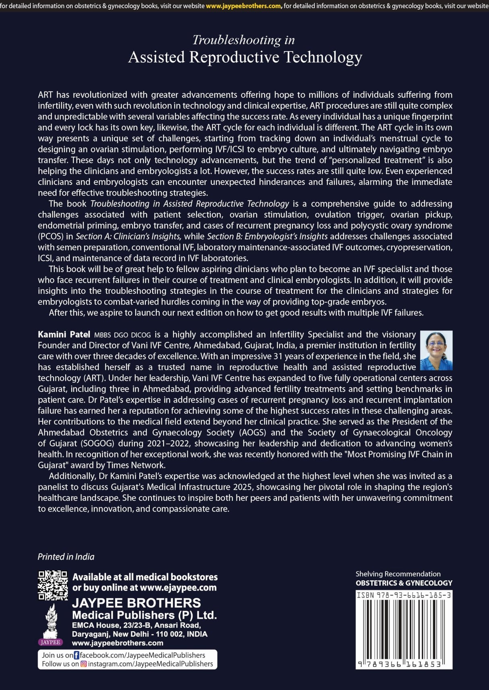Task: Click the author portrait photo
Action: pos(436,350)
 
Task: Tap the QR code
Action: pos(53,585)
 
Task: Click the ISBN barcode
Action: pos(404,630)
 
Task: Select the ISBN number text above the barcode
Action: pos(404,595)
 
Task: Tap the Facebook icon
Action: pos(77,655)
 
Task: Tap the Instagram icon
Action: pos(84,664)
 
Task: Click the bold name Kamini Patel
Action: pos(64,335)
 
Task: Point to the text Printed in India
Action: pos(66,557)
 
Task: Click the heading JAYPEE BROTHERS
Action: pos(136,603)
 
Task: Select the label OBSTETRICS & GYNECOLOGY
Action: pos(404,583)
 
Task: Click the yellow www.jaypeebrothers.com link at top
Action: pos(244,6)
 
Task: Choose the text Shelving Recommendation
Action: pos(398,574)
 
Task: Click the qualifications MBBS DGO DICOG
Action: pos(122,335)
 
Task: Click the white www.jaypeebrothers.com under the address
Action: pos(118,643)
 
